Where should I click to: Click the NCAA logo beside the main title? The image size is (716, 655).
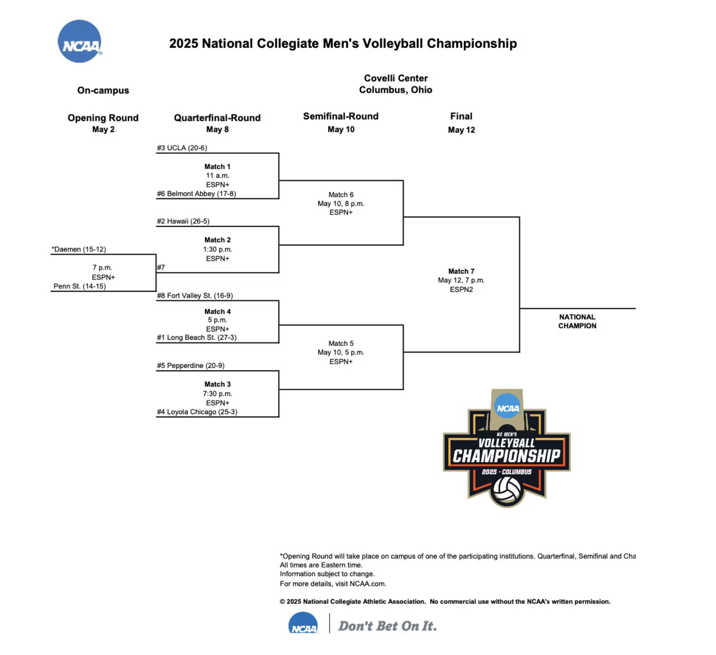pyautogui.click(x=79, y=41)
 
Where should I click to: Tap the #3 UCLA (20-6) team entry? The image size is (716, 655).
pyautogui.click(x=182, y=148)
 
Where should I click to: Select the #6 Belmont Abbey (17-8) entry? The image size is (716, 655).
pyautogui.click(x=196, y=194)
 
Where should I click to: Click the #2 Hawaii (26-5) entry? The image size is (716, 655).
pyautogui.click(x=183, y=221)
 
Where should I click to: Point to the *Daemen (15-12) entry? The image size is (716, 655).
pyautogui.click(x=79, y=249)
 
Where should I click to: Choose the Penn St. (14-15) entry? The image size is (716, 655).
pyautogui.click(x=80, y=286)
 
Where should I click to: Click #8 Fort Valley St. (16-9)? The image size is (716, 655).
pyautogui.click(x=195, y=295)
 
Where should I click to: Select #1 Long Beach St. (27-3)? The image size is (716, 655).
pyautogui.click(x=197, y=337)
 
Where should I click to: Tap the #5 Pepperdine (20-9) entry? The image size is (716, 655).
pyautogui.click(x=190, y=366)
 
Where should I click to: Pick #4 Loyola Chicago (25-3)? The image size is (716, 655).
pyautogui.click(x=197, y=412)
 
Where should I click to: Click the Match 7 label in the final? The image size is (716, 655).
pyautogui.click(x=461, y=271)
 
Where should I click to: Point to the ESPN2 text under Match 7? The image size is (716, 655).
pyautogui.click(x=461, y=289)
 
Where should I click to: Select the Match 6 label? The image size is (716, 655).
pyautogui.click(x=341, y=194)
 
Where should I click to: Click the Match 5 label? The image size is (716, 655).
pyautogui.click(x=341, y=343)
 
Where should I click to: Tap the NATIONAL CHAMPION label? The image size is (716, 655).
pyautogui.click(x=577, y=321)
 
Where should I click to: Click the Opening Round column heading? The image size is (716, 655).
pyautogui.click(x=103, y=118)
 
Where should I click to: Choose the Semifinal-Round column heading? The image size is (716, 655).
pyautogui.click(x=341, y=116)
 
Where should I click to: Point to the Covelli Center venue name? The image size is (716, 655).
pyautogui.click(x=396, y=78)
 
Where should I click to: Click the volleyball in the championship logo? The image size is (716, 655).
pyautogui.click(x=507, y=489)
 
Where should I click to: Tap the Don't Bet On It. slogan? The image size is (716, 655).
pyautogui.click(x=387, y=626)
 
